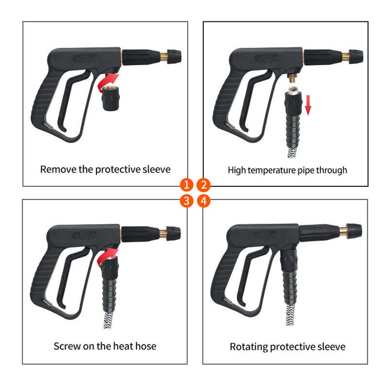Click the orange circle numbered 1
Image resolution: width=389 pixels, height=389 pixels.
[187, 185]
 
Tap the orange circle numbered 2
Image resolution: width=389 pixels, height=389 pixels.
[203, 185]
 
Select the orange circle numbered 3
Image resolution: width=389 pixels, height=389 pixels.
[187, 201]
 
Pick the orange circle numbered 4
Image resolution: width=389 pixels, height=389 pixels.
[203, 201]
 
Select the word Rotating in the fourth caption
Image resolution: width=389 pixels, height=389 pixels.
[248, 347]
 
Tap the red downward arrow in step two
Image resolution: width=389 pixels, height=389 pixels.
[308, 105]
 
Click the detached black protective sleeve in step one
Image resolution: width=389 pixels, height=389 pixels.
[110, 98]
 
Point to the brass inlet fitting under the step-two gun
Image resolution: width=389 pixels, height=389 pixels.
[294, 78]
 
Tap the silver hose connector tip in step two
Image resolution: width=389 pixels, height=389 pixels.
[294, 90]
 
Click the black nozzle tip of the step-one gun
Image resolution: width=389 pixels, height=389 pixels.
[174, 56]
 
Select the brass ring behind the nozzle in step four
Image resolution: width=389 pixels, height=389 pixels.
[343, 231]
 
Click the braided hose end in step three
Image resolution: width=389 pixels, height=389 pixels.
[108, 320]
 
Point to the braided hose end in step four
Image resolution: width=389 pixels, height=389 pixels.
[290, 315]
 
